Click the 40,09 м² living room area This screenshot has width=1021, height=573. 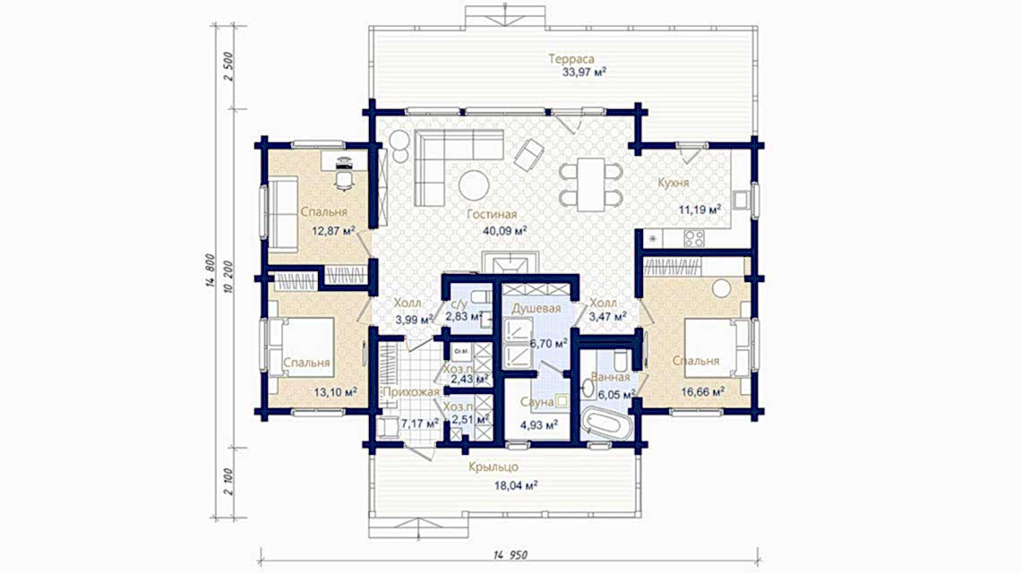[x=501, y=229]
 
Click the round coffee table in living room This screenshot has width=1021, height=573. [x=474, y=185]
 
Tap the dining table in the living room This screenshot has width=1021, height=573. [x=591, y=182]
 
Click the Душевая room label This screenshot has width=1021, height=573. [x=536, y=308]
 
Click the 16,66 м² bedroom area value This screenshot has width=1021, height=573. [x=703, y=390]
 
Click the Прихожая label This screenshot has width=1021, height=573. [x=409, y=392]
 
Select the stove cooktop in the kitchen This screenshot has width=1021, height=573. [x=695, y=238]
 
